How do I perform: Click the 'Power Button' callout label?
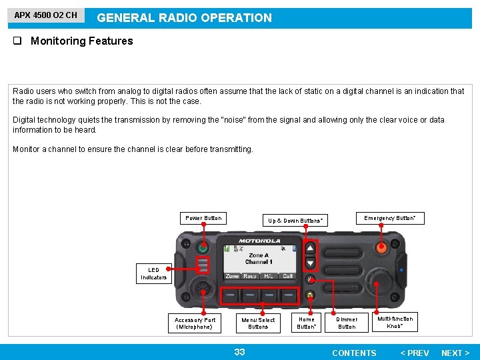[x=203, y=218]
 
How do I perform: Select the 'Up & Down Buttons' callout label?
[x=295, y=221]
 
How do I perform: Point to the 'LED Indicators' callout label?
[x=153, y=274]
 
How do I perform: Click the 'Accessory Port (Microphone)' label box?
[x=195, y=323]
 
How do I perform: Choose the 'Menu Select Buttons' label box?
[x=258, y=323]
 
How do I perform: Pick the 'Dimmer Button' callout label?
[x=346, y=323]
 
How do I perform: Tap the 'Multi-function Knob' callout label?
[x=395, y=323]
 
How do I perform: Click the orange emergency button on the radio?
[x=382, y=248]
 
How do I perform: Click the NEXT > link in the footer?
[x=455, y=353]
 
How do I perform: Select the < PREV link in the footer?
[x=414, y=353]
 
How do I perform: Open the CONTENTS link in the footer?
[x=354, y=353]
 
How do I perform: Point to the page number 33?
[x=239, y=352]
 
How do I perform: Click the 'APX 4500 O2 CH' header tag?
[x=46, y=15]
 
